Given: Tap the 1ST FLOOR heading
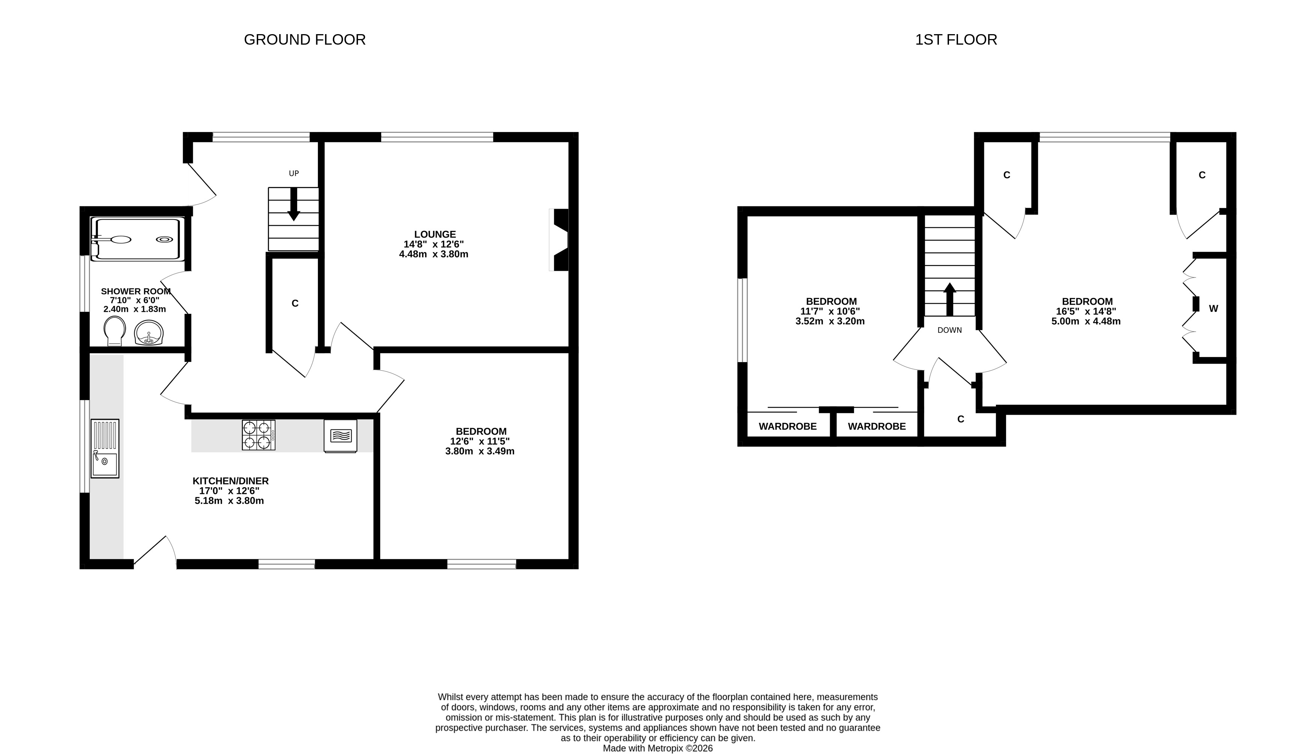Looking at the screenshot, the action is pyautogui.click(x=956, y=40).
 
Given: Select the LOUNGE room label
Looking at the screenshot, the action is pyautogui.click(x=435, y=235).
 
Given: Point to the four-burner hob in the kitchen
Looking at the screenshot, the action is pyautogui.click(x=258, y=435).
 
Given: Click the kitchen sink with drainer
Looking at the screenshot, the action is pyautogui.click(x=105, y=448).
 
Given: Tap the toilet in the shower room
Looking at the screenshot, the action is pyautogui.click(x=114, y=331).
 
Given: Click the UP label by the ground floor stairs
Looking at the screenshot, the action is pyautogui.click(x=293, y=173).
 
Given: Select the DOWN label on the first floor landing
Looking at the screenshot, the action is pyautogui.click(x=949, y=330).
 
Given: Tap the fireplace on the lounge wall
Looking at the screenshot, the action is pyautogui.click(x=559, y=240).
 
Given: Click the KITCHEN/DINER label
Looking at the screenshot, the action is pyautogui.click(x=230, y=481).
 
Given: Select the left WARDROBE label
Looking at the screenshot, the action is pyautogui.click(x=787, y=426).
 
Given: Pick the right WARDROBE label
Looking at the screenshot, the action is pyautogui.click(x=877, y=426).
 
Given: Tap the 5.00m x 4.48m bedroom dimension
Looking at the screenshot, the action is pyautogui.click(x=1086, y=321).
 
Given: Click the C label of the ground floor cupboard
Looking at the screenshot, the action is pyautogui.click(x=295, y=304).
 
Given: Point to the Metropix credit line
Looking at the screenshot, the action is pyautogui.click(x=657, y=748).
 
